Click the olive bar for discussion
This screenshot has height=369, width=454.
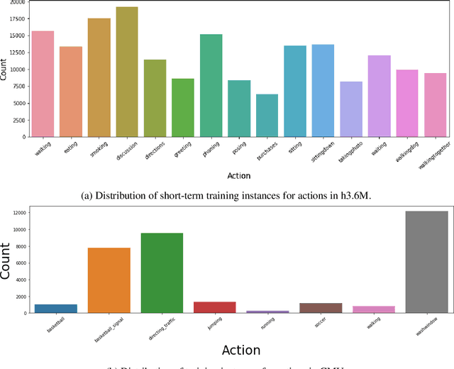(127, 72)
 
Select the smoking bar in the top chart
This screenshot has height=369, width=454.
(99, 77)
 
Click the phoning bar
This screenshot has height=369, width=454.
(211, 85)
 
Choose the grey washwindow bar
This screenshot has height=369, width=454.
(426, 262)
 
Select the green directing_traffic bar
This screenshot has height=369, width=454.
(162, 272)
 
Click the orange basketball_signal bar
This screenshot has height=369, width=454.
(109, 280)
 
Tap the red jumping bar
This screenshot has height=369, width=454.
(214, 307)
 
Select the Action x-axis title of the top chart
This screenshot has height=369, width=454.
(239, 176)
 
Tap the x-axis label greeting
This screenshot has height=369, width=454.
(183, 147)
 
